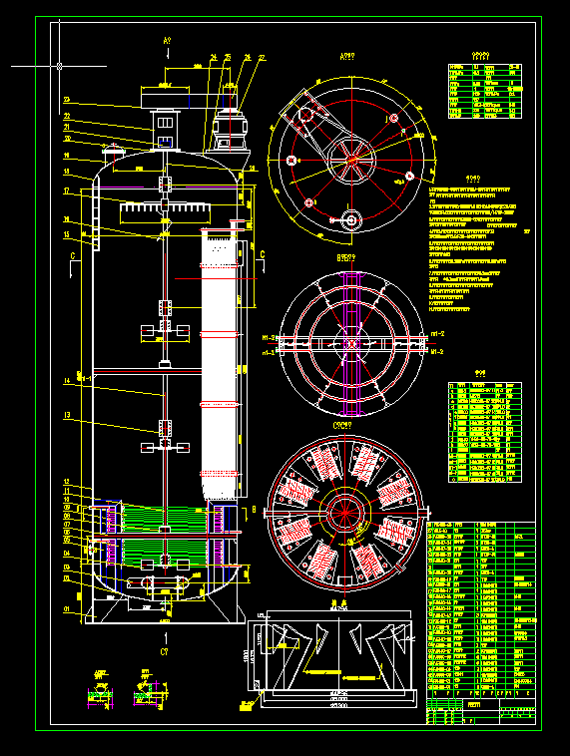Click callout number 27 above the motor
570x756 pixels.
point(262,58)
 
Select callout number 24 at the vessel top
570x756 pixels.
point(214,57)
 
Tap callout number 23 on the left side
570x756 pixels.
point(66,100)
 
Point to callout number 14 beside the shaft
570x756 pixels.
point(66,380)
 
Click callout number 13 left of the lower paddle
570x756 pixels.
point(66,415)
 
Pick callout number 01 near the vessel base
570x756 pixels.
point(66,608)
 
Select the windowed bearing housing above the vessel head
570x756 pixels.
point(164,127)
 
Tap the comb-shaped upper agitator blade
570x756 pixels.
point(166,211)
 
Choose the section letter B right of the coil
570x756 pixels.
point(254,508)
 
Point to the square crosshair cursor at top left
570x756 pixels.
point(60,66)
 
